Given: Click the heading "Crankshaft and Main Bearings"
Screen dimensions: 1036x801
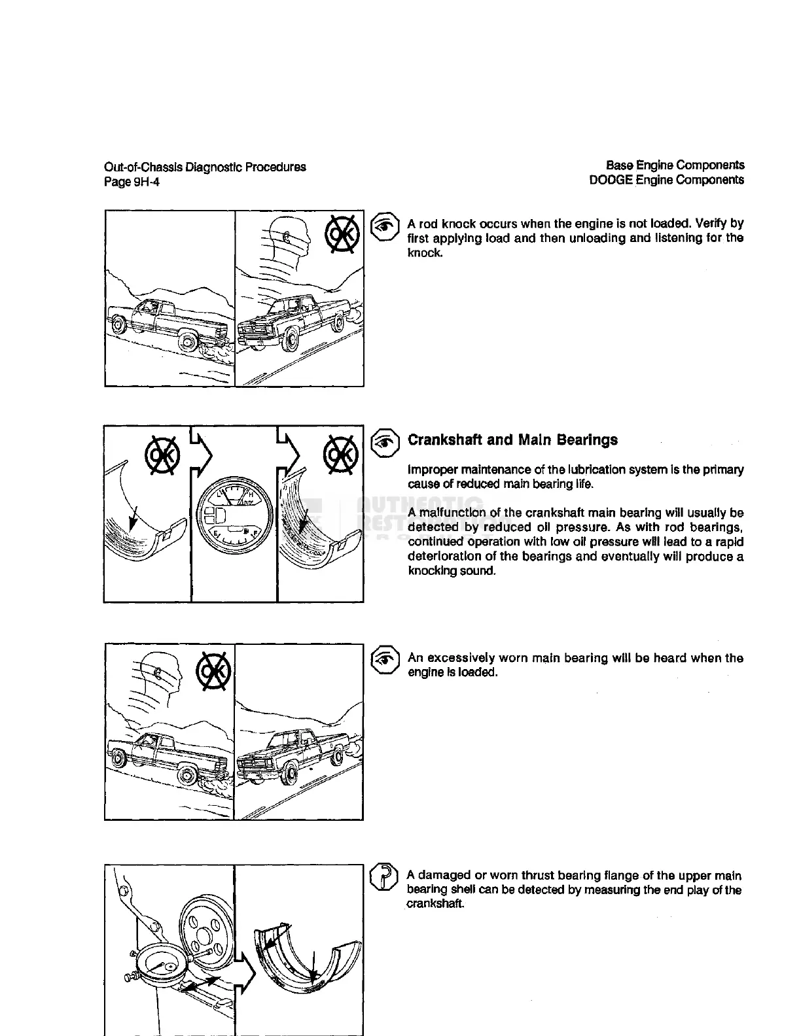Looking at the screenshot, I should (512, 440).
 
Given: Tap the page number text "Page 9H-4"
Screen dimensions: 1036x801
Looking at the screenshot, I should (132, 182).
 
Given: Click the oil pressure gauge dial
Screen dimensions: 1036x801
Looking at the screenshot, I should (234, 512).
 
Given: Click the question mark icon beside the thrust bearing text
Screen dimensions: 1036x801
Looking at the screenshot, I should (384, 877).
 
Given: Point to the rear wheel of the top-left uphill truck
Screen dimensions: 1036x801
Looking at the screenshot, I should (188, 341).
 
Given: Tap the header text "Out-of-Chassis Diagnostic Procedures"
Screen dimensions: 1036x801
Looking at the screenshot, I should (205, 167).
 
